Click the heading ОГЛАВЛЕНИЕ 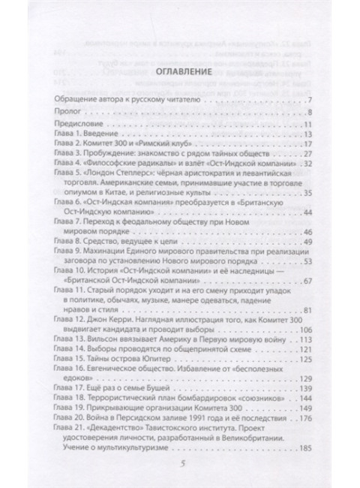coord(180,74)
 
